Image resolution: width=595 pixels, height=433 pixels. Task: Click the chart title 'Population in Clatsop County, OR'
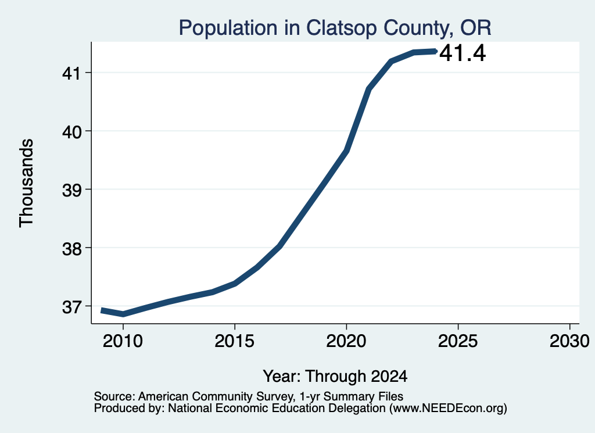(335, 28)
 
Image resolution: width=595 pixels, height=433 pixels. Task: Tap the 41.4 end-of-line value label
(463, 53)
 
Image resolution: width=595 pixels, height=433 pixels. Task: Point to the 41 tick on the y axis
(71, 73)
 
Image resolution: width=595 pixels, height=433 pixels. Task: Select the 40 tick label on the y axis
(71, 131)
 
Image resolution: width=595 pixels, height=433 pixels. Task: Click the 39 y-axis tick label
(71, 189)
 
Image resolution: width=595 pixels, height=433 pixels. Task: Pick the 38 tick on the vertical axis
(71, 248)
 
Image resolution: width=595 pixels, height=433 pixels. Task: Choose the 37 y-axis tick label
(71, 306)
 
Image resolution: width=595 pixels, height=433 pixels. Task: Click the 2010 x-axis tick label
(123, 341)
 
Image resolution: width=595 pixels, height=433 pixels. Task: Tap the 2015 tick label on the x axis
(235, 341)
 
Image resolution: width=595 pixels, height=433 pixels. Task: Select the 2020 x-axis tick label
(346, 341)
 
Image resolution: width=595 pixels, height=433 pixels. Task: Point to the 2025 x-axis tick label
(458, 341)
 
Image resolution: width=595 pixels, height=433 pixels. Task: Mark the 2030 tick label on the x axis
(569, 341)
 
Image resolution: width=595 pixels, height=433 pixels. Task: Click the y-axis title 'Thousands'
(27, 183)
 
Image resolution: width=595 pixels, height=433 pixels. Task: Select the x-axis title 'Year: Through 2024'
(335, 376)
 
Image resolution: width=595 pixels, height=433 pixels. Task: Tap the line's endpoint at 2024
(436, 51)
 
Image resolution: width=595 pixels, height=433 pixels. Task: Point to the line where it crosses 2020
(346, 151)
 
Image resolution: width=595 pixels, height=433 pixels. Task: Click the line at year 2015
(235, 284)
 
